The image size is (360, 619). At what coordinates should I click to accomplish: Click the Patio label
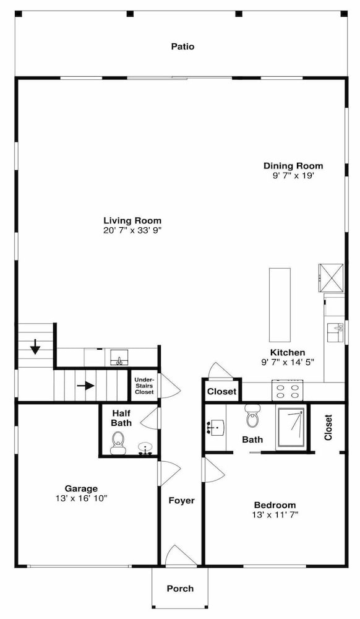tap(182, 46)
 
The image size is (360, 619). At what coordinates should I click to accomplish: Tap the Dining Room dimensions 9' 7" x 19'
tap(293, 176)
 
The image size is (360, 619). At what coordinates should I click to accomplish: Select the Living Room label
tap(132, 221)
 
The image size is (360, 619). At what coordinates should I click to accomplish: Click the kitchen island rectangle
tap(280, 305)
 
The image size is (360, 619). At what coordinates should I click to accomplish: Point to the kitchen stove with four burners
tap(287, 391)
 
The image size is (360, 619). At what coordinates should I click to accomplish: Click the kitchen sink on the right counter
tap(335, 332)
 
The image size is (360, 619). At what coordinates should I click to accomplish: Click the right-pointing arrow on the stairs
tap(85, 385)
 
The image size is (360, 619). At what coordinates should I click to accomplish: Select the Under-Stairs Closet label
tap(144, 386)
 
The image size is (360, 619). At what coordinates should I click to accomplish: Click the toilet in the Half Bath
tap(118, 443)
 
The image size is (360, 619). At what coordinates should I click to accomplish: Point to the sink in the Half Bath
tap(146, 449)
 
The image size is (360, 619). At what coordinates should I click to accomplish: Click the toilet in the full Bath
tap(252, 416)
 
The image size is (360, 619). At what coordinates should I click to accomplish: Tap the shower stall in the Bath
tap(291, 428)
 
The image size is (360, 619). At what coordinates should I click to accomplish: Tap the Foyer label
tap(181, 501)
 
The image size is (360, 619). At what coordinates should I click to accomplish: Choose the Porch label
tap(180, 589)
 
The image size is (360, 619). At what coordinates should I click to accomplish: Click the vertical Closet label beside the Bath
tap(328, 427)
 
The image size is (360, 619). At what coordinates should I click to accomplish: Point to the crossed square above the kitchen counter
tap(331, 277)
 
